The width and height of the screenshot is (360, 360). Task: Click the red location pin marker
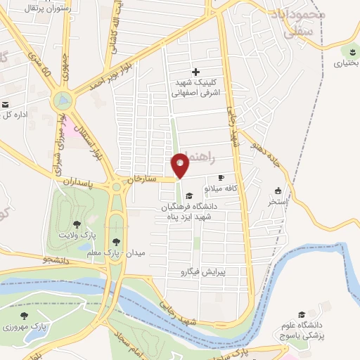(181, 166)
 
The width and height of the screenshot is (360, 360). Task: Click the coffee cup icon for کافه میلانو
(222, 178)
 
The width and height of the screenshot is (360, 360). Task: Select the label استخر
(278, 201)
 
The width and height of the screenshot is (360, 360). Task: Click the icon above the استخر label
(278, 191)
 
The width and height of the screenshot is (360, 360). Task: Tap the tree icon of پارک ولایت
(77, 225)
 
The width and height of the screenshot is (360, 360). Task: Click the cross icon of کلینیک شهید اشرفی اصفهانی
(196, 72)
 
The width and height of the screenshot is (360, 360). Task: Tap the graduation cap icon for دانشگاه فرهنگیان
(189, 195)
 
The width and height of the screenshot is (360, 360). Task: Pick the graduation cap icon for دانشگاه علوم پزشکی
(302, 314)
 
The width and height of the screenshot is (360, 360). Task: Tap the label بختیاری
(346, 63)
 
